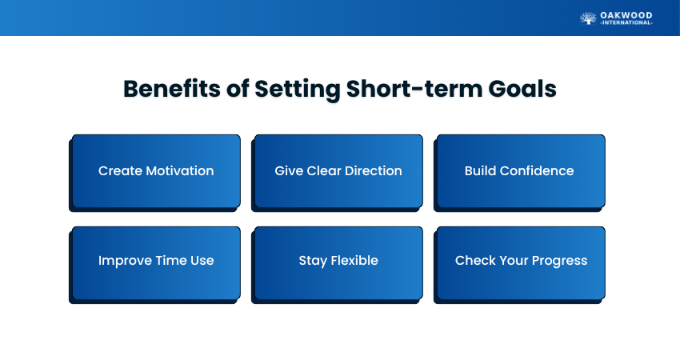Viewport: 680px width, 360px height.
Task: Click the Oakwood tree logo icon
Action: click(588, 18)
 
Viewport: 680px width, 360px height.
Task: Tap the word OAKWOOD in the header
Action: click(626, 16)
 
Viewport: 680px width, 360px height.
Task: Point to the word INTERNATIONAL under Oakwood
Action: click(626, 22)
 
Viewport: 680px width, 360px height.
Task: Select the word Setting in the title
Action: click(297, 90)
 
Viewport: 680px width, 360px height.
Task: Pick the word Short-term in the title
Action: click(414, 89)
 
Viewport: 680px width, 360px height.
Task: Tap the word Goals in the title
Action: click(522, 89)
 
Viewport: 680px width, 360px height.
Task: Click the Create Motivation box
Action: click(156, 171)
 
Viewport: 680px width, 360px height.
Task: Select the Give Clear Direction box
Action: click(338, 171)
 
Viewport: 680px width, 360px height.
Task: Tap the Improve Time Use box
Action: click(156, 263)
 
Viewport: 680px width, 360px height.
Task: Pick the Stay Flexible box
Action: click(338, 263)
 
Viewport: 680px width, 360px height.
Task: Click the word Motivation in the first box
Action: click(180, 171)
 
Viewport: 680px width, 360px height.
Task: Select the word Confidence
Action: click(537, 171)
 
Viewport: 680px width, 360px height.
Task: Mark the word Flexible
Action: click(354, 260)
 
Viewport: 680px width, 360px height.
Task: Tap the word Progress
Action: click(559, 261)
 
